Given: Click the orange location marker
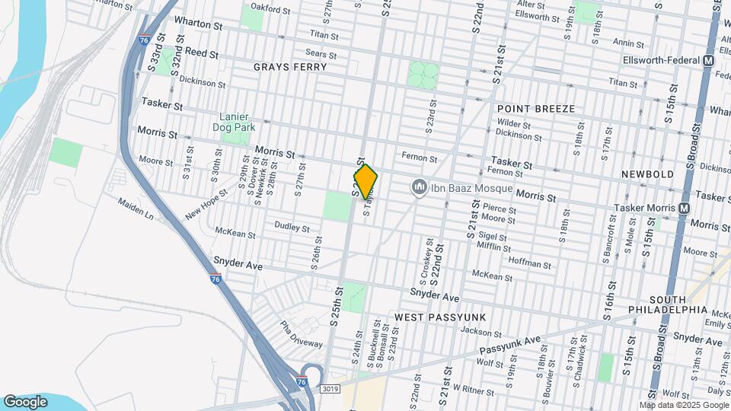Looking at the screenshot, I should (366, 182).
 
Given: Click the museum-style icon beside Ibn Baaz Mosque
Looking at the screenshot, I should (418, 186).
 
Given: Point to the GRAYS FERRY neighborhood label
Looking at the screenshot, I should (290, 67).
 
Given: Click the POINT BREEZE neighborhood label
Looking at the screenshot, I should (536, 109).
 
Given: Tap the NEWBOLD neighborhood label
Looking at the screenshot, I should (647, 174).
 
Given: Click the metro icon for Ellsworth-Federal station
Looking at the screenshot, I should (709, 60).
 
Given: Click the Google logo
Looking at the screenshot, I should (25, 401).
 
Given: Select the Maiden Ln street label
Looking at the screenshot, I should (135, 209).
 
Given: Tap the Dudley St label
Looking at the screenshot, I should (292, 228).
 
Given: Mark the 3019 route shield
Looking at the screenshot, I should (329, 389).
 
